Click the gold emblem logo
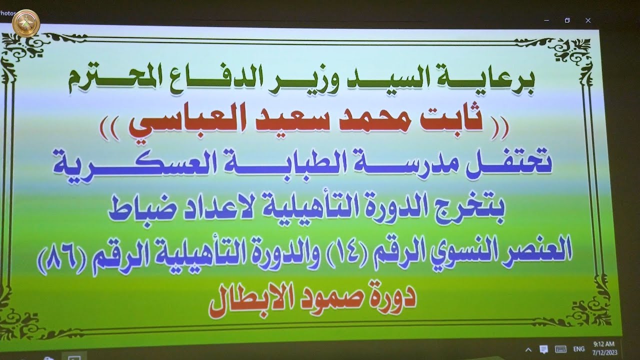pyautogui.click(x=26, y=23)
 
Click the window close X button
pyautogui.click(x=588, y=20)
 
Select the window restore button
pyautogui.click(x=567, y=20)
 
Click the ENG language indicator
pyautogui.click(x=578, y=348)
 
